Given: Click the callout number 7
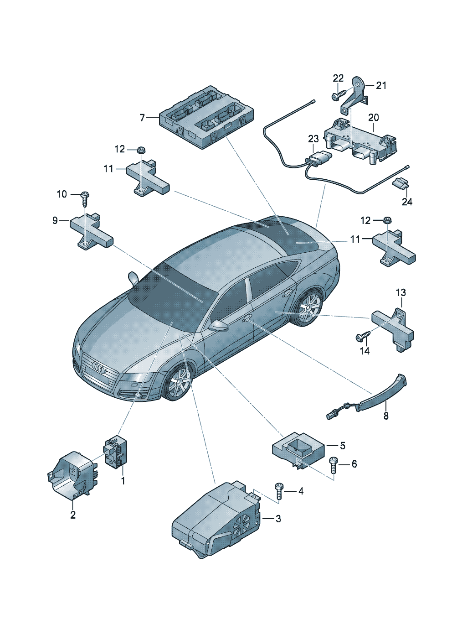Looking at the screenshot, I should point(142,118).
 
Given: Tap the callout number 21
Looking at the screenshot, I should point(381,85).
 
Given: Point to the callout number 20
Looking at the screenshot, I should point(374,118).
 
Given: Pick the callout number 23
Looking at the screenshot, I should point(313,138).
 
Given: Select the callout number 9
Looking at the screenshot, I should point(55,221).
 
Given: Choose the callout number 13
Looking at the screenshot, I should point(401,292).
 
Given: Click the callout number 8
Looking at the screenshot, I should point(386,416).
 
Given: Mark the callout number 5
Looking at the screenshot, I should point(342,446).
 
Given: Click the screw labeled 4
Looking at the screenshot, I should point(279,490).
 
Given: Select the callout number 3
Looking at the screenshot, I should point(278,519).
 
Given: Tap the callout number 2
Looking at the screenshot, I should point(73,515).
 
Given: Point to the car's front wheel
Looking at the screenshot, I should point(179,382).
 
